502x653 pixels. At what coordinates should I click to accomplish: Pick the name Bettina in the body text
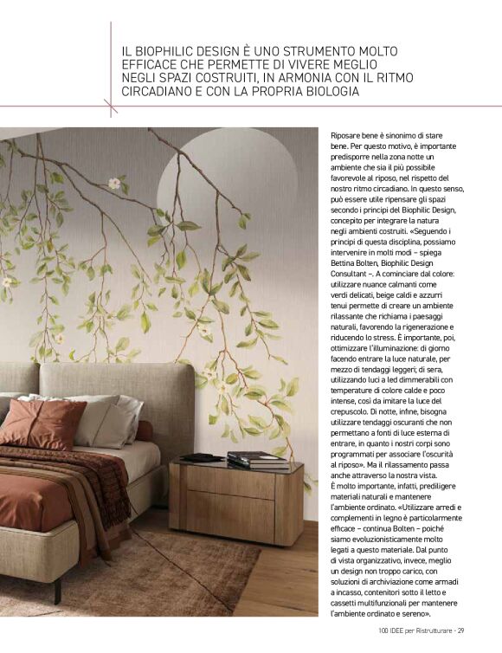(351, 262)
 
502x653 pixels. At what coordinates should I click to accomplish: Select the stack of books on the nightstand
(257, 459)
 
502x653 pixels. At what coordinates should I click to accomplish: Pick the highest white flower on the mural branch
(113, 183)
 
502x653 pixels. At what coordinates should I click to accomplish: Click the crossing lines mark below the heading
(111, 106)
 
